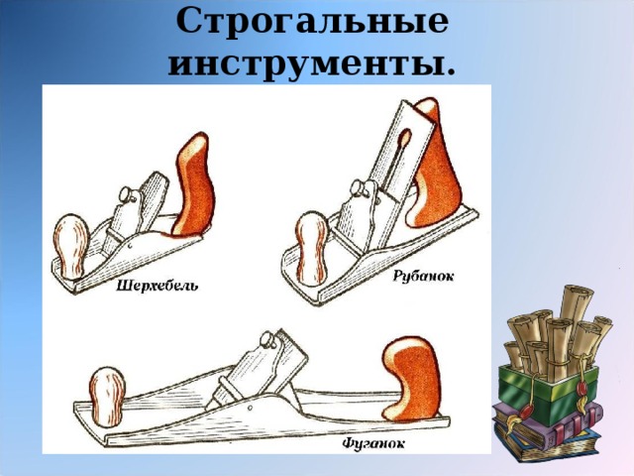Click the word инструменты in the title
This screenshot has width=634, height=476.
point(312,63)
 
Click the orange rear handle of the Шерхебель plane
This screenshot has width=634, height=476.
point(193,187)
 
